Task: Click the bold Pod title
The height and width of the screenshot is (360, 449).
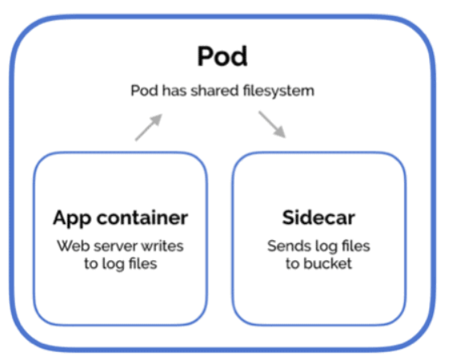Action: point(222,57)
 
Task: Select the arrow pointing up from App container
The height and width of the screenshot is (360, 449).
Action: point(148,126)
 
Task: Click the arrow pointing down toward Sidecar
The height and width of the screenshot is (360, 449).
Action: point(272,124)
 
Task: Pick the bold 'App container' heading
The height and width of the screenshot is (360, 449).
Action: point(121,217)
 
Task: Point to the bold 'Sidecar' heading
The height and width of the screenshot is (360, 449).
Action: point(319,217)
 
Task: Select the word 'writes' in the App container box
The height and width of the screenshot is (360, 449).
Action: point(160,245)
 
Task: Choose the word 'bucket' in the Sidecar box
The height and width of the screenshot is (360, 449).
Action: point(329,263)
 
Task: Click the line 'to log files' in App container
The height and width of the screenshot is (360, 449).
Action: point(121,263)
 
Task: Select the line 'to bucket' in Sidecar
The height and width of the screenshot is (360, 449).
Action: point(319,263)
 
